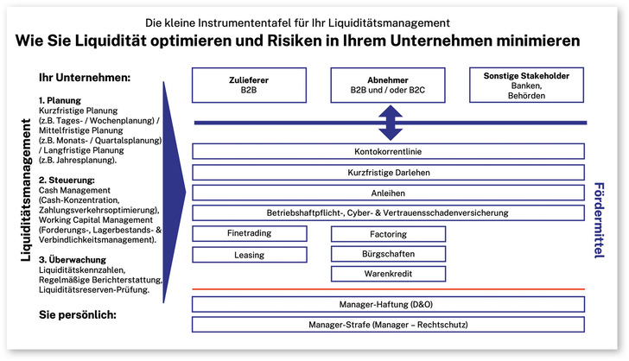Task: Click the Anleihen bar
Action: tap(388, 193)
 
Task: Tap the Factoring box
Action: tap(388, 233)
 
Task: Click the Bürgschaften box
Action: tap(388, 254)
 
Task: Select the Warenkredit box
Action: tap(388, 274)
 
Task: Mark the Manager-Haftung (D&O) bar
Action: tap(388, 304)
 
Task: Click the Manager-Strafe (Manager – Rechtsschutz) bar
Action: tap(388, 325)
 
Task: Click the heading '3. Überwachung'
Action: tap(73, 258)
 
